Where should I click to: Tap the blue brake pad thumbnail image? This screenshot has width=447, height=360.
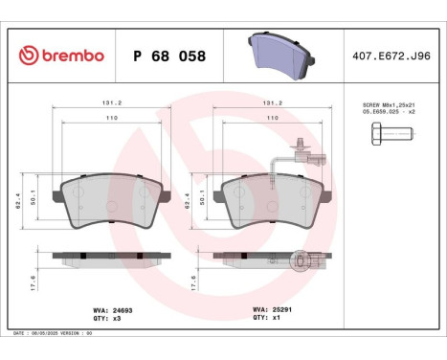pos(282,56)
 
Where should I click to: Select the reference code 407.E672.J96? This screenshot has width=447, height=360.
pos(392,56)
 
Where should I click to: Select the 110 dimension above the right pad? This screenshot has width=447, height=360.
pos(272,118)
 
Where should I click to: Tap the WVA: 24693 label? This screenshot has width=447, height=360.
pos(112,310)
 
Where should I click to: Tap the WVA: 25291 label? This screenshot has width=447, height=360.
pos(271,310)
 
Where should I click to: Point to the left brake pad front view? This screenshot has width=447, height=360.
pos(109,200)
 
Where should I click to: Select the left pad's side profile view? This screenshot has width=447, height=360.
pos(109,257)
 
